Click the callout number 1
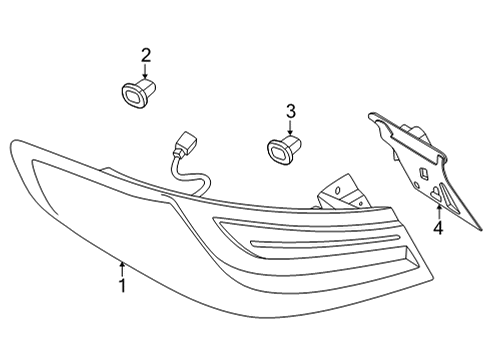tap(122, 286)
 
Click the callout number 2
tap(146, 54)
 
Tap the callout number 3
tap(291, 111)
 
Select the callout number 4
tap(437, 229)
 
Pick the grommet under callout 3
tap(282, 148)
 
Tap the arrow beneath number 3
tap(291, 127)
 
